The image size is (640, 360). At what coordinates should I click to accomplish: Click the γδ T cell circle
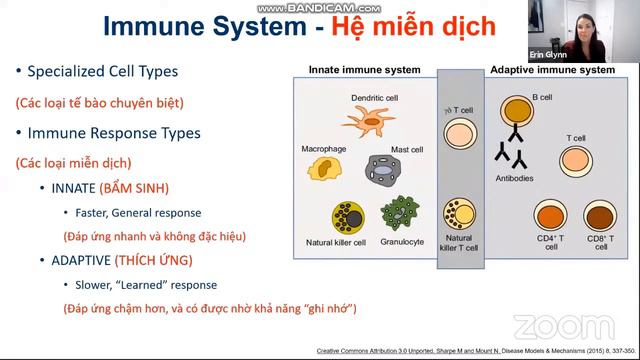pyautogui.click(x=459, y=133)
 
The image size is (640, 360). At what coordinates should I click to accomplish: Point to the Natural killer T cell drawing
pyautogui.click(x=459, y=214)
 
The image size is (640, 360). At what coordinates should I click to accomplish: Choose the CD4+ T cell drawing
pyautogui.click(x=550, y=216)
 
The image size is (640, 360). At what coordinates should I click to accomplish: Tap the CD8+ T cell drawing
pyautogui.click(x=599, y=216)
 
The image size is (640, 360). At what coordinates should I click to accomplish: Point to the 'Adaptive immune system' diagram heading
pyautogui.click(x=551, y=70)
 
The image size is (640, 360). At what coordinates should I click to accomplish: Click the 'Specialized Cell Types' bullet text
pyautogui.click(x=103, y=71)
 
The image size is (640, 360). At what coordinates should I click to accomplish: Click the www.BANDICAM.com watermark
pyautogui.click(x=319, y=6)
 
